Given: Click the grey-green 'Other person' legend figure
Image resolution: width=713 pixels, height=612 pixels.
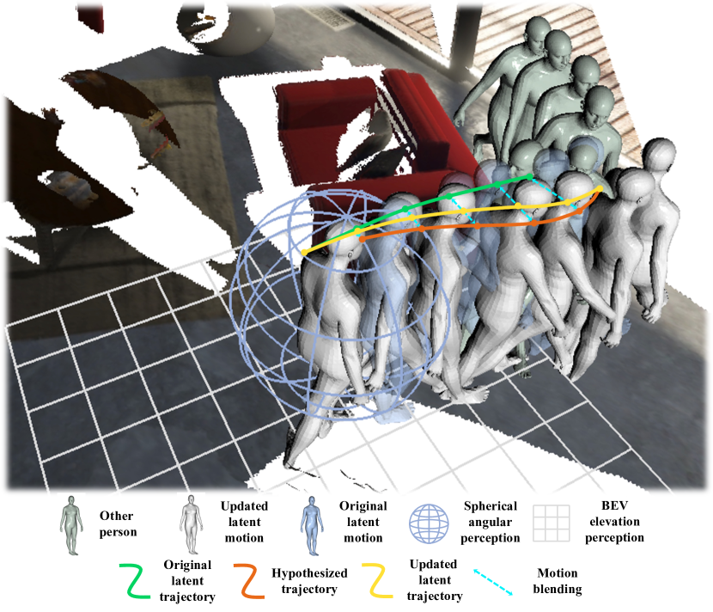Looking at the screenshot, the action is (71, 525).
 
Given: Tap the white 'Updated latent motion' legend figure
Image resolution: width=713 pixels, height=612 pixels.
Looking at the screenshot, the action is (191, 525).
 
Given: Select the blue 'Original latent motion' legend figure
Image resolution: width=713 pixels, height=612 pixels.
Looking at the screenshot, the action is (312, 525).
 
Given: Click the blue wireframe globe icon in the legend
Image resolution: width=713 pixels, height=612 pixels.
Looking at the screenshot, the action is (429, 523).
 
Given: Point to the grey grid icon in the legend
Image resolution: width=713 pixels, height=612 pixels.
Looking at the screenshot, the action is (552, 523).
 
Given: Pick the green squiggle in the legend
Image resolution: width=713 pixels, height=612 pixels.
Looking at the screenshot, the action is (135, 580).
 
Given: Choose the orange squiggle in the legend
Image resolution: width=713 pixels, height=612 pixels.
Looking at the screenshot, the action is (249, 580).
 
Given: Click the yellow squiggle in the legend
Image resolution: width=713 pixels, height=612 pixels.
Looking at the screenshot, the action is (377, 580).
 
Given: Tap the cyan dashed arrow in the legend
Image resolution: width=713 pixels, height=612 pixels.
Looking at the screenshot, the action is (493, 582).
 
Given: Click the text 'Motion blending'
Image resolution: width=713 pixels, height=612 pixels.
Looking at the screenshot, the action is (558, 581).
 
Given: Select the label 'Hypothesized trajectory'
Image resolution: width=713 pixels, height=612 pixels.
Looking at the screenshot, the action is (309, 581).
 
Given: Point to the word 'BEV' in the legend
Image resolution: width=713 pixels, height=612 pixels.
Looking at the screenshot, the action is (614, 505).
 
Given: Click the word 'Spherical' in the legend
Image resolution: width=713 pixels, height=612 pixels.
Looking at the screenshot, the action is (491, 506).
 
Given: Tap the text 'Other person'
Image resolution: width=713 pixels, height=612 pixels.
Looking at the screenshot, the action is (118, 523).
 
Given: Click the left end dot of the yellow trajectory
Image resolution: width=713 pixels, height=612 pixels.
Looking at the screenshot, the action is (304, 253).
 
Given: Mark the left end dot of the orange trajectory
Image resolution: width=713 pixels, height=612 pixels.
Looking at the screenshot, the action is (362, 239).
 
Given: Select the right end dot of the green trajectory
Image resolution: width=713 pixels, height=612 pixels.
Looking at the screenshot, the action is (529, 176).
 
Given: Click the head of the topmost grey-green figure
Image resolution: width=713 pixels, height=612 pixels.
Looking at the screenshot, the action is (538, 31).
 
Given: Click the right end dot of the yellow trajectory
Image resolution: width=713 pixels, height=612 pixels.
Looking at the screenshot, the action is (600, 188).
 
